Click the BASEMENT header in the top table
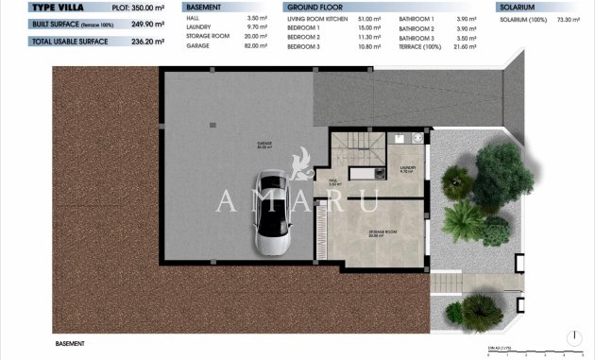(203, 7)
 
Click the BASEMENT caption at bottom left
(71, 344)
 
